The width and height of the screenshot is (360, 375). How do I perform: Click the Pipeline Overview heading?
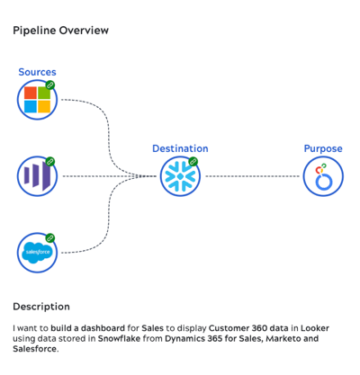60,31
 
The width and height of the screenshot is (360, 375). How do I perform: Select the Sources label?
37,72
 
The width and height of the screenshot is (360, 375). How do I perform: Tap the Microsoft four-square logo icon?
37,100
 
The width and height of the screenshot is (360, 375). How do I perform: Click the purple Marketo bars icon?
37,176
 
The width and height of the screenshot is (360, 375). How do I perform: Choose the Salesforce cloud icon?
37,253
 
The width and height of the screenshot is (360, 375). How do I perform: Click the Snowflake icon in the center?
180,176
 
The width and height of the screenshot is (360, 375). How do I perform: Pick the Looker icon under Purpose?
322,176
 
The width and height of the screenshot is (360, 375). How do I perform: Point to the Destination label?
180,148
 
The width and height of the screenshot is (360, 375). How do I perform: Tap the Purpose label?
322,148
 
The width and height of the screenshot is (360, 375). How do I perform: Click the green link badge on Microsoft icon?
50,85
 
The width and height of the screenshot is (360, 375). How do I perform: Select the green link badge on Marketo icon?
50,162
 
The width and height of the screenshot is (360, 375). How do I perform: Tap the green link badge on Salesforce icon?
50,238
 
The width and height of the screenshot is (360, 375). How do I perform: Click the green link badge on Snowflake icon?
193,162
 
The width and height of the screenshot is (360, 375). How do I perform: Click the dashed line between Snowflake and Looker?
251,176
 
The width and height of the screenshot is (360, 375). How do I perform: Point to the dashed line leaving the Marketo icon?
99,176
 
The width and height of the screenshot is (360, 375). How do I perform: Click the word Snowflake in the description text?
121,339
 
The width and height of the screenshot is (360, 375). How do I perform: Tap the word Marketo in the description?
283,339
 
